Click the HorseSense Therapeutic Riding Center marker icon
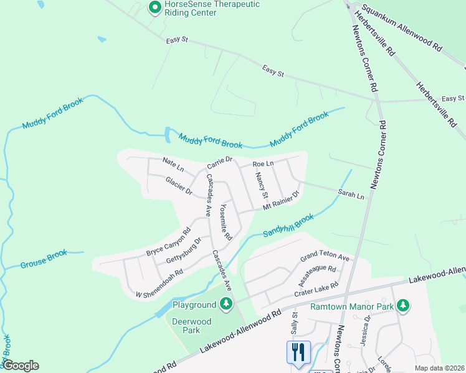click(154, 7)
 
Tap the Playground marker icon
click(226, 305)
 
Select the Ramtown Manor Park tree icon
click(403, 305)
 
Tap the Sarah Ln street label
click(351, 195)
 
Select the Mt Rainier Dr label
click(281, 200)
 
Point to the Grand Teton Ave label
click(325, 257)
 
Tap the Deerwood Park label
click(192, 326)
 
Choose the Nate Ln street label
click(173, 165)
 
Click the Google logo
click(21, 366)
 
